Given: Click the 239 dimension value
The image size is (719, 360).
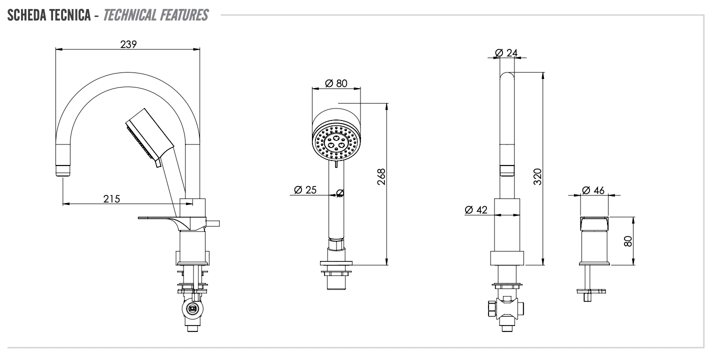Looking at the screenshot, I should [128, 44].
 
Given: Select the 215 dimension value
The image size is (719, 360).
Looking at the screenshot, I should [111, 198].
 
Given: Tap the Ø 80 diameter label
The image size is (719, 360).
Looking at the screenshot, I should [335, 83].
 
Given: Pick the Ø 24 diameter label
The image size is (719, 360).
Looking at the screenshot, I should [506, 52].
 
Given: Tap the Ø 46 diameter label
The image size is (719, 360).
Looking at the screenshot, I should [593, 190].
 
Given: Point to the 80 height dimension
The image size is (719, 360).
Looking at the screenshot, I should [628, 241].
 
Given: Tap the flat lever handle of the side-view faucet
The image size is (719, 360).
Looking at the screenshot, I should [155, 218].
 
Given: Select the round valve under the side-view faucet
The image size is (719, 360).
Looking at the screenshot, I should [191, 309].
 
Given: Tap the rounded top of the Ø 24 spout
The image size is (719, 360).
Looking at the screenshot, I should [507, 76].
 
